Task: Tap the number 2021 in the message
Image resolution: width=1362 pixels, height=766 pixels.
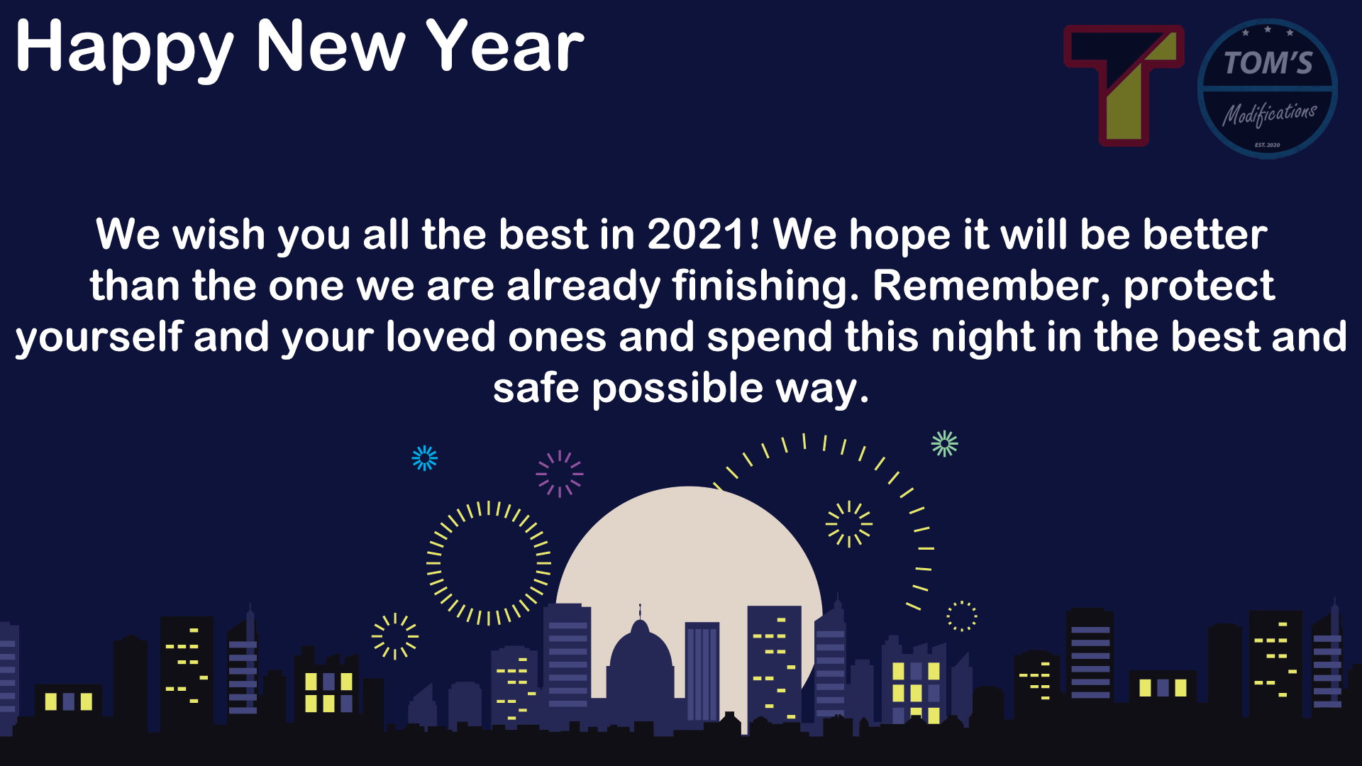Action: point(703,234)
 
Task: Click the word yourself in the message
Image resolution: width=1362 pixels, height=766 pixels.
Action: point(99,338)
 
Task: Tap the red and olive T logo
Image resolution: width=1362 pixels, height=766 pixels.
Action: point(1124,86)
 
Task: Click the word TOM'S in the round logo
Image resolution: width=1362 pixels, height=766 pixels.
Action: point(1268,63)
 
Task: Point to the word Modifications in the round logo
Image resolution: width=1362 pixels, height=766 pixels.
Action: point(1269,114)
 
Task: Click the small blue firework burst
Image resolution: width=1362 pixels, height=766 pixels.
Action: point(425,458)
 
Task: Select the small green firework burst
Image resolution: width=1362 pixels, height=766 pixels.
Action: point(944,444)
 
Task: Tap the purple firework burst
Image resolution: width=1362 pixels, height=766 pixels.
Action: point(560,474)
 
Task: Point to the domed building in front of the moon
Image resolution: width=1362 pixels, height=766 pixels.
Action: point(640,660)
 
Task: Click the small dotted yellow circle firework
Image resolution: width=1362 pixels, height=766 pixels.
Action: point(962,616)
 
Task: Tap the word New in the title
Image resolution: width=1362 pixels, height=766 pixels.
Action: point(331,45)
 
